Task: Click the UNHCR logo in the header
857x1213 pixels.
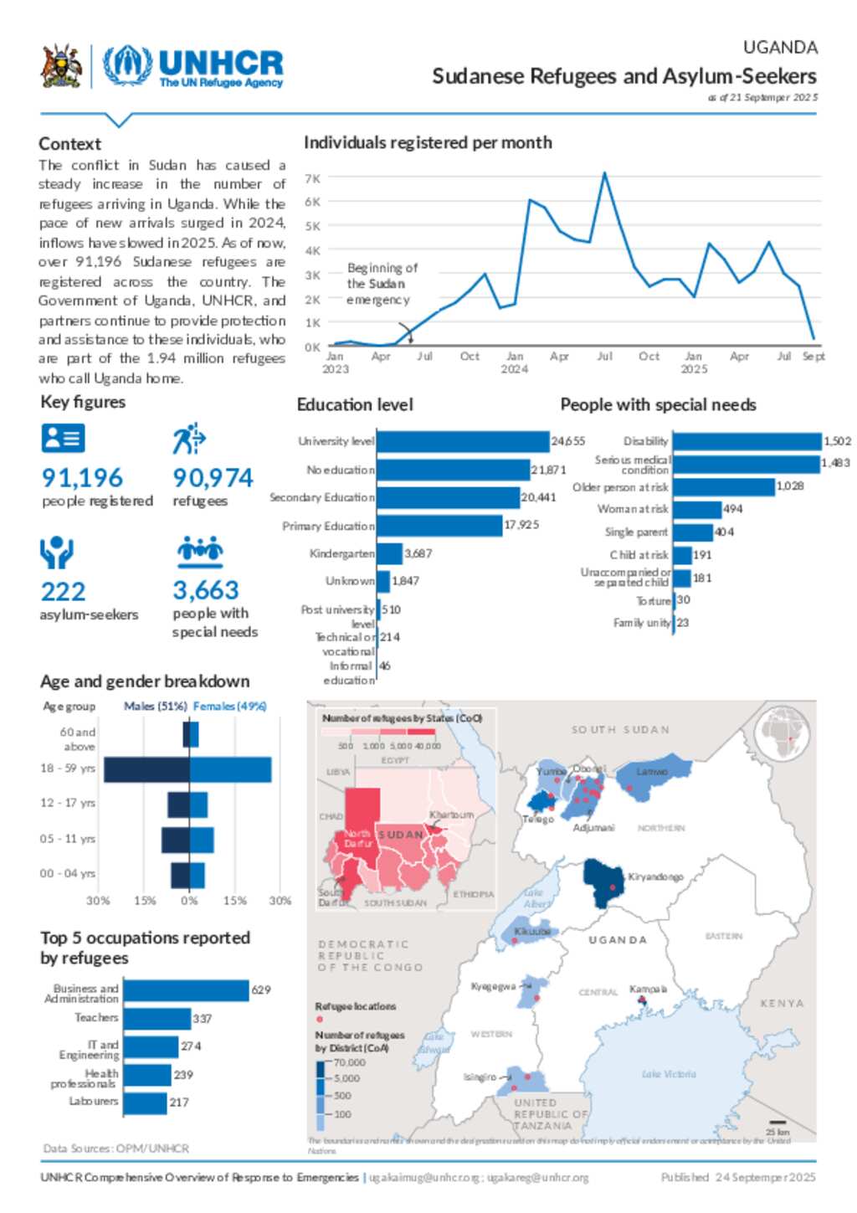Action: click(x=193, y=67)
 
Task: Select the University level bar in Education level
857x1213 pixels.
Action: click(x=463, y=441)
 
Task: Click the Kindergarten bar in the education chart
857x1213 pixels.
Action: click(x=389, y=553)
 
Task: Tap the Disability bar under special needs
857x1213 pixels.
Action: click(x=747, y=441)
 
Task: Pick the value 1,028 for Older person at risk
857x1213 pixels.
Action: click(x=789, y=486)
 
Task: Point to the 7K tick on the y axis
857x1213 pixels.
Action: click(x=313, y=178)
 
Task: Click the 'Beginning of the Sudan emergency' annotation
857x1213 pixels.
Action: click(x=382, y=284)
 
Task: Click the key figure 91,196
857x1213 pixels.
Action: click(x=82, y=478)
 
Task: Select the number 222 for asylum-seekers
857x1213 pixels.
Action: click(x=63, y=592)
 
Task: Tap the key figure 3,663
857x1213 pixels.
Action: click(x=206, y=590)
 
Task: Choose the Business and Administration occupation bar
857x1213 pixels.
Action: click(x=186, y=990)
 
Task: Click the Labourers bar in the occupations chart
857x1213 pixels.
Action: click(x=145, y=1102)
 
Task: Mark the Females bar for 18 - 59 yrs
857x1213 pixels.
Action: click(x=231, y=769)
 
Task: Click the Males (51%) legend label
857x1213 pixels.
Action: click(x=156, y=707)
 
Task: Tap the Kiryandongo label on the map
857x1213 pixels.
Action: click(x=655, y=876)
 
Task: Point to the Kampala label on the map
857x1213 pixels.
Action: click(x=648, y=989)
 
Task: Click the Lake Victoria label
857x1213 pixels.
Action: click(x=669, y=1074)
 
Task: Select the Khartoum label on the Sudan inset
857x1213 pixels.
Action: click(x=451, y=815)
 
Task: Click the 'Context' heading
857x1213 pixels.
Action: click(x=69, y=144)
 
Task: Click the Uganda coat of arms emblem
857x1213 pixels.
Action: click(x=61, y=67)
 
